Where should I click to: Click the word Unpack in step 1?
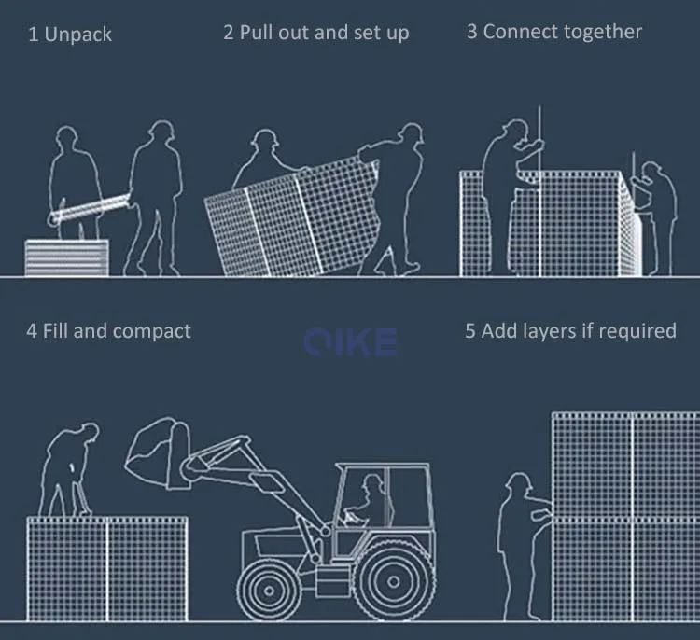[78, 35]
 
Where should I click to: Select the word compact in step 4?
[152, 332]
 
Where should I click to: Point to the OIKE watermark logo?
[350, 342]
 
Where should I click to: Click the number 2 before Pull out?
[228, 33]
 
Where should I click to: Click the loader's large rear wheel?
[393, 581]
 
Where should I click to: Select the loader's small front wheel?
[269, 590]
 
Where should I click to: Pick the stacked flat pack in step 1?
[66, 257]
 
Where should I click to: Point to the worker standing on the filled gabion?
[68, 470]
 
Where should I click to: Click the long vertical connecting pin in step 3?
[539, 191]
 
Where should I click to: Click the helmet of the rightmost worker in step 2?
[411, 132]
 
